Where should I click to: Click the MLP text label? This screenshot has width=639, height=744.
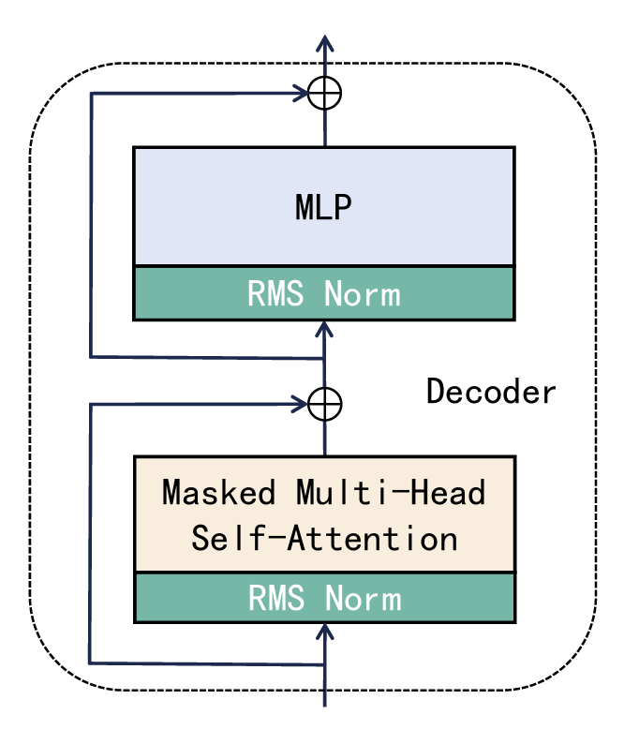point(323,207)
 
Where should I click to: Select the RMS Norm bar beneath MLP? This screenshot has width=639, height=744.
point(323,293)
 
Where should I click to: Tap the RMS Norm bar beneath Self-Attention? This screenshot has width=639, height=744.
point(324,598)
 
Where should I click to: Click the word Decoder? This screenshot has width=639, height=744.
point(491,391)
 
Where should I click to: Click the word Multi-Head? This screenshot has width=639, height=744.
point(391,492)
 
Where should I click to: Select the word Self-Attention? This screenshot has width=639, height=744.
point(324,539)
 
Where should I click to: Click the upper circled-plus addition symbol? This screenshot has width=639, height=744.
point(325,93)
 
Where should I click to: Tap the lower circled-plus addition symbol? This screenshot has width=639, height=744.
point(325,405)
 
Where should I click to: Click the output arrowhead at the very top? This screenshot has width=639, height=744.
point(324,43)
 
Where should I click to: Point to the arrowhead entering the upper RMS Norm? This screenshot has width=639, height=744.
point(324,327)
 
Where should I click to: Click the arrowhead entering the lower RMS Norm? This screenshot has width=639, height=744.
point(324,632)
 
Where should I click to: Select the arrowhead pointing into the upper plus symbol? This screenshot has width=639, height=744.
point(303,93)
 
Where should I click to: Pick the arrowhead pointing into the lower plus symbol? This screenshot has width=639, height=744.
point(303,405)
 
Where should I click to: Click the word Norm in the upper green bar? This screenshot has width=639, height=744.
point(363,293)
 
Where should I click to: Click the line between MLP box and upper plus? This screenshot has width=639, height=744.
point(325,127)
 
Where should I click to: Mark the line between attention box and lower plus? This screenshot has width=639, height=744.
point(325,439)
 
